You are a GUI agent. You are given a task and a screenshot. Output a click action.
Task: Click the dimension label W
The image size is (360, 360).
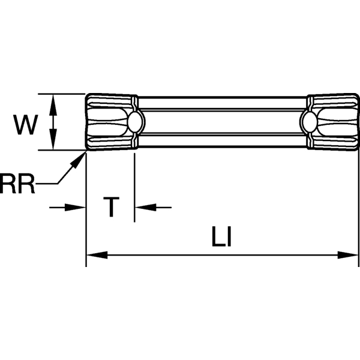tap(26, 125)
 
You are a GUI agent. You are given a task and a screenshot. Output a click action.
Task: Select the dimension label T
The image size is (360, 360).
tap(111, 207)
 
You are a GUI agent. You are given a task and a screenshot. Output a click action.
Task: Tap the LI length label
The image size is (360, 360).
tap(221, 238)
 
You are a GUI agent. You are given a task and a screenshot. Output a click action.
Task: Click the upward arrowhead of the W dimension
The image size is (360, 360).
tap(53, 102)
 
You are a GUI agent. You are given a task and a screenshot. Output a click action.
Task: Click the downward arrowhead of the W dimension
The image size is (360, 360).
tap(53, 143)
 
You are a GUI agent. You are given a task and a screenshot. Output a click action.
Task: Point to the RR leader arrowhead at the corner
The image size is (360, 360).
tap(79, 157)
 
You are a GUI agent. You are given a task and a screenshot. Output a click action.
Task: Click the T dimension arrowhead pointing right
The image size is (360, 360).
tap(77, 208)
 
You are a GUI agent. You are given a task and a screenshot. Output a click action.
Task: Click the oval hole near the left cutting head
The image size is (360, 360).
tap(134, 122)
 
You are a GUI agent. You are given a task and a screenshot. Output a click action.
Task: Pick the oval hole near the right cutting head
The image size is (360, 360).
tap(311, 122)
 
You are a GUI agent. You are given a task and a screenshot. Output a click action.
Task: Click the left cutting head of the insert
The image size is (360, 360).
tap(108, 122)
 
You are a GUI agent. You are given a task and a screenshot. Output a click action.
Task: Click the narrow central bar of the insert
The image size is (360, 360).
tap(222, 122)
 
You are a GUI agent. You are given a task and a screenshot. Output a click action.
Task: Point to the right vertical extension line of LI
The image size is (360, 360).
tap(359, 210)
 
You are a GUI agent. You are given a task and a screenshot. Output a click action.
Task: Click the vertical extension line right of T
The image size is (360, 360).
tap(134, 186)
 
